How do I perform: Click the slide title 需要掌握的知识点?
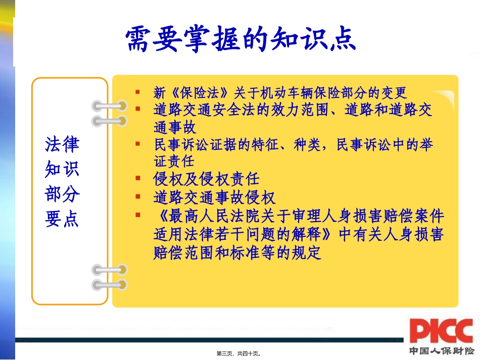click(241, 38)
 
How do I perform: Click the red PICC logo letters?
click(441, 331)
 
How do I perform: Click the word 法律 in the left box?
click(62, 144)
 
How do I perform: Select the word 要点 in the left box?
click(62, 220)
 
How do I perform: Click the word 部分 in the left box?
click(62, 195)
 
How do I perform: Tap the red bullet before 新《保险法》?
click(137, 92)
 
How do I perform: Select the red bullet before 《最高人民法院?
click(137, 215)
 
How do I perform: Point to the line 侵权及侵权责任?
click(206, 179)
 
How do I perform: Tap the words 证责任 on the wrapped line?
click(174, 161)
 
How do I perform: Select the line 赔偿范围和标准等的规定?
click(237, 252)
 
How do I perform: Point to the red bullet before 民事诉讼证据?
click(137, 144)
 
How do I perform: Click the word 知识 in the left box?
click(62, 170)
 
